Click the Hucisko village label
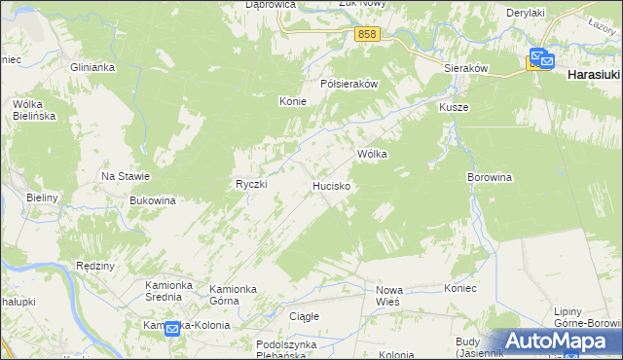(331, 184)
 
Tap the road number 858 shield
(366, 34)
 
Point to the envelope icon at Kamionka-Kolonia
(172, 330)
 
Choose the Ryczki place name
(251, 184)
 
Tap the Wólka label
(373, 154)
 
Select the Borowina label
(490, 178)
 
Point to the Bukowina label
(152, 200)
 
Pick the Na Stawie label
(126, 176)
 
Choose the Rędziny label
(95, 266)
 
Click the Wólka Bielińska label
(33, 109)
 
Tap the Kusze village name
(454, 107)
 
